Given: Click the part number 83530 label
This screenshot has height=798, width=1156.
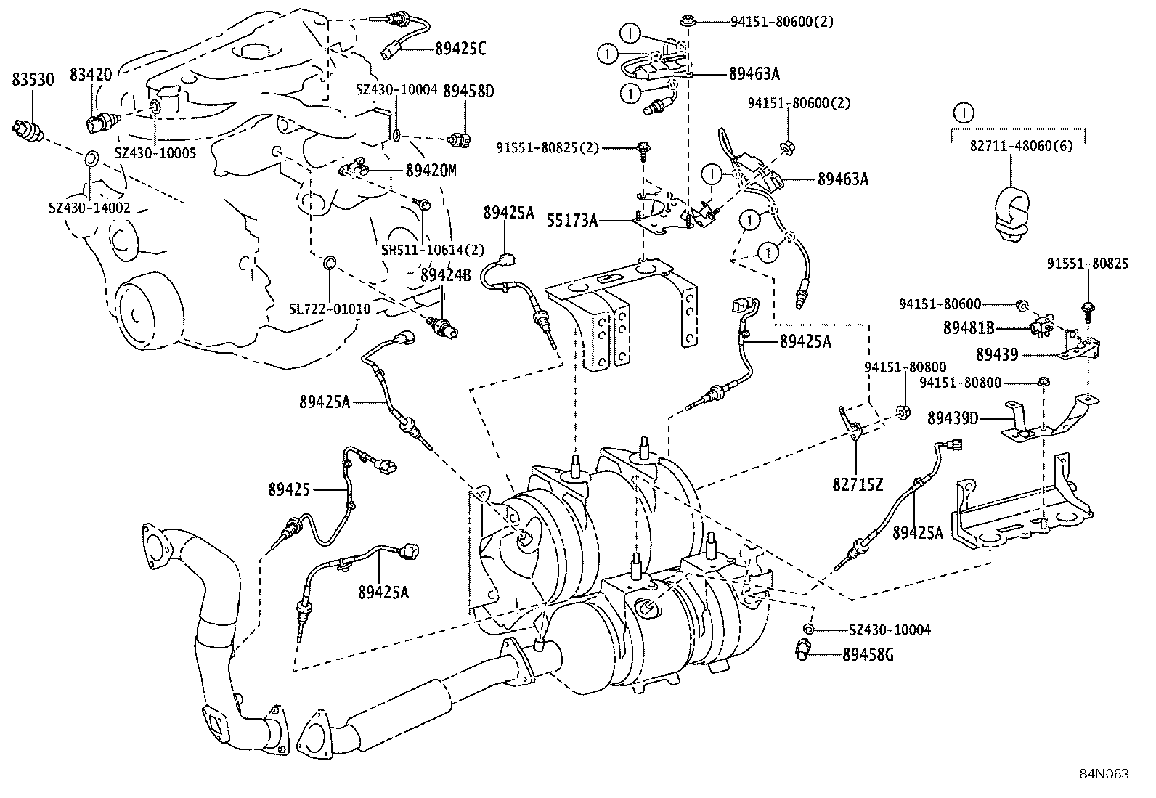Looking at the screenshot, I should tap(33, 80).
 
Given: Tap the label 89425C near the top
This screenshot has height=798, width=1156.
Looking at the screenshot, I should tap(460, 49).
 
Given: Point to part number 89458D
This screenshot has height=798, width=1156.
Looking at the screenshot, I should tap(468, 91).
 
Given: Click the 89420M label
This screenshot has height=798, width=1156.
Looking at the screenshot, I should tap(431, 171).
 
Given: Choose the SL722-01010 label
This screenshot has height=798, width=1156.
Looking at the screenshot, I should tap(330, 309).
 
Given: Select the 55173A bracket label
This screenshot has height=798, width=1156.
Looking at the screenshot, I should tap(574, 220).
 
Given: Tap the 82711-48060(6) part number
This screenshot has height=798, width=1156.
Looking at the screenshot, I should tap(1017, 146).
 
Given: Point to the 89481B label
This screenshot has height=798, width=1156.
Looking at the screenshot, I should tap(969, 327).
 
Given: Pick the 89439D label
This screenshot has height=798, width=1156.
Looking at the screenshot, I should tap(952, 418).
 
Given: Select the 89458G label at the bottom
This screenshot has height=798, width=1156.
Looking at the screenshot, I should tap(868, 655).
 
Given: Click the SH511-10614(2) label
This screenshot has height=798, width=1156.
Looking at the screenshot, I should tap(433, 250).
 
